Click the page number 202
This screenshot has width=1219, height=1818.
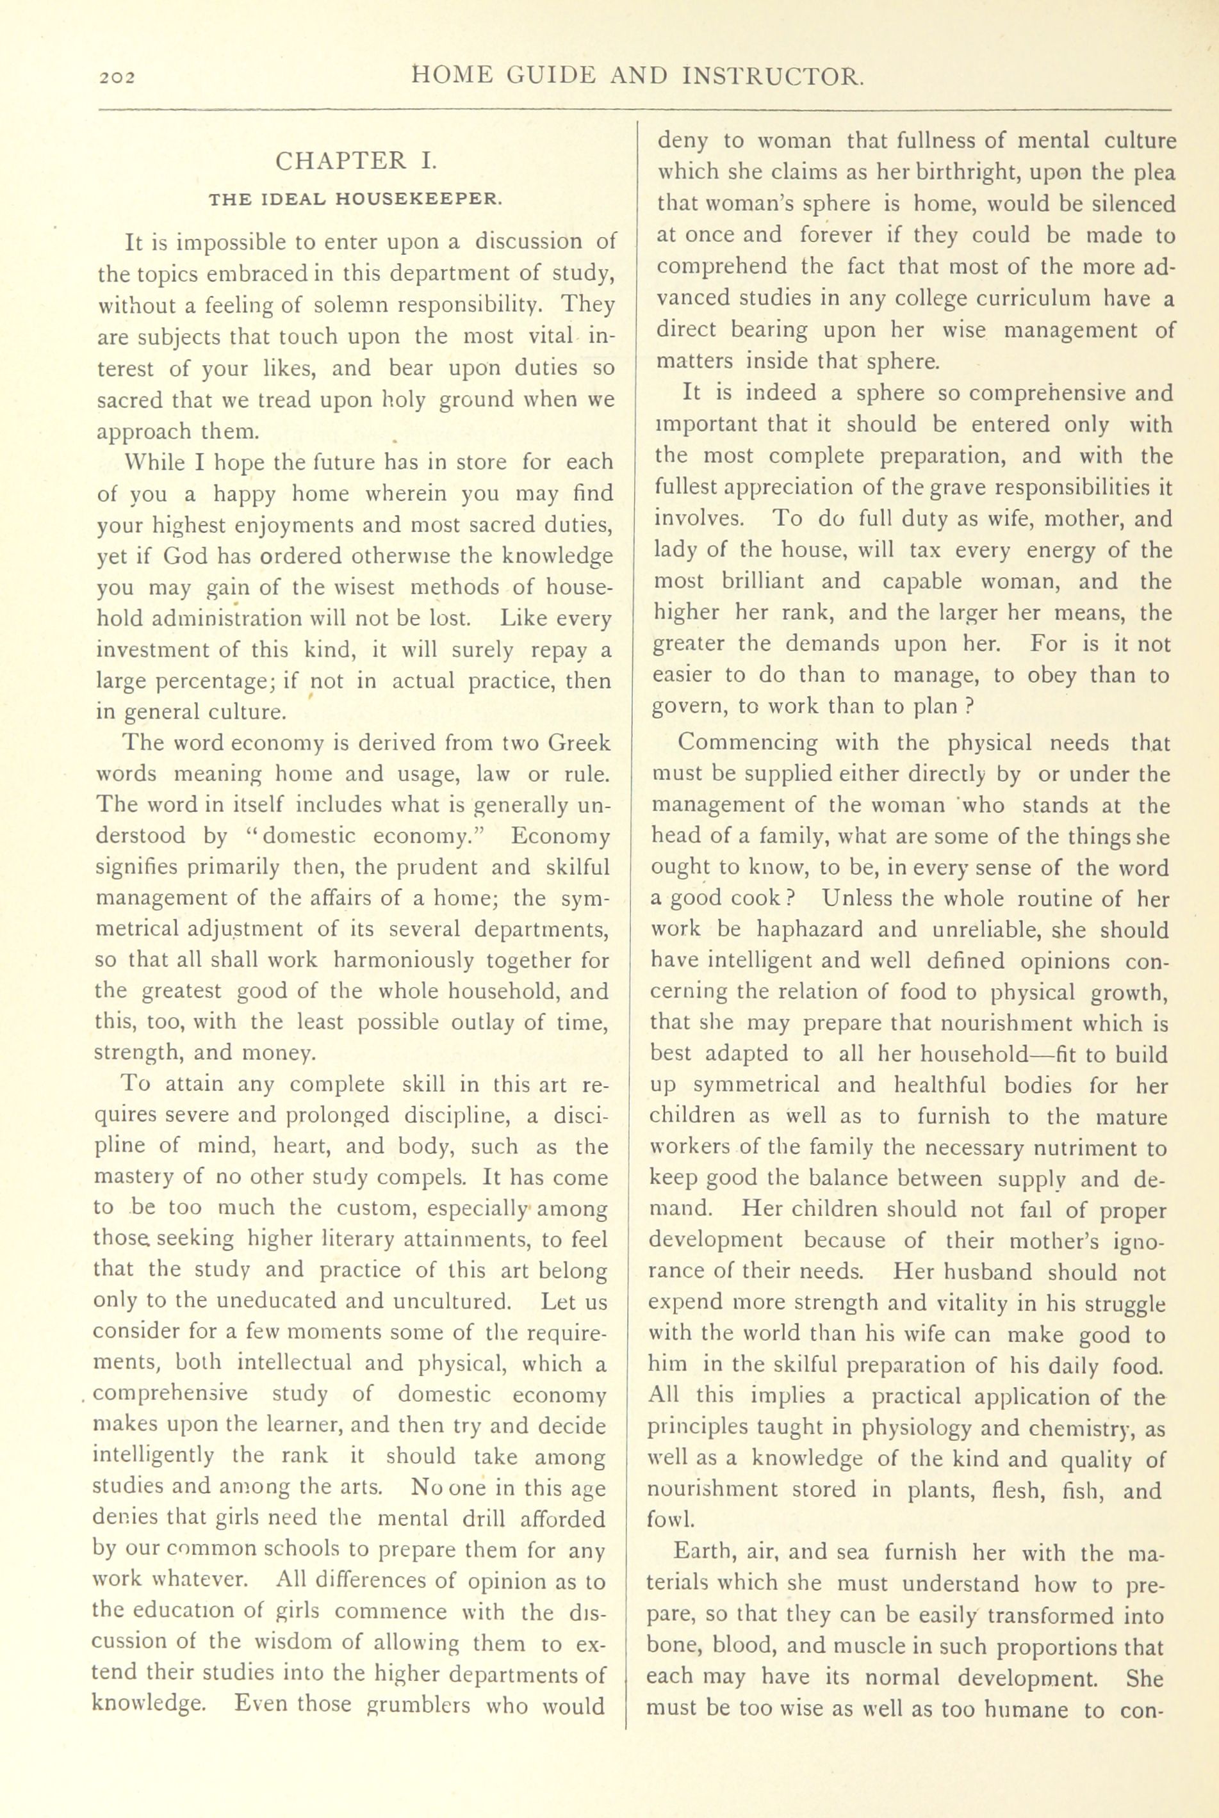coord(117,77)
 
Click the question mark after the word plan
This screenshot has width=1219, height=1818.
coord(969,706)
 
